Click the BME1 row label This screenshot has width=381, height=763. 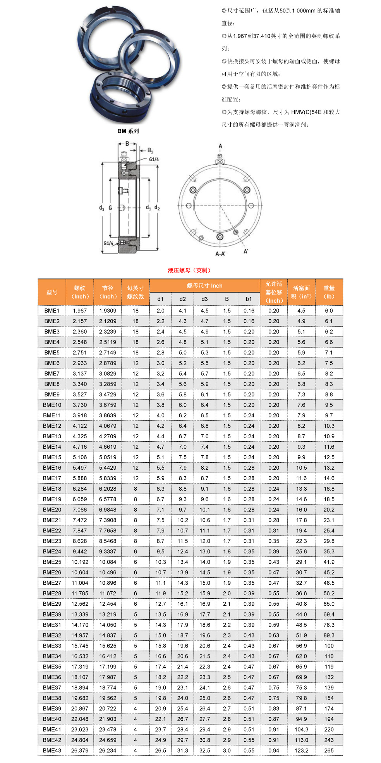[x=52, y=310]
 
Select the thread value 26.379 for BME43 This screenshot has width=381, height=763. [x=80, y=750]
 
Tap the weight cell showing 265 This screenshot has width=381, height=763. [x=329, y=750]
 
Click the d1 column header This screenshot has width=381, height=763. [x=160, y=299]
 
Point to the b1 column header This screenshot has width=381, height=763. [x=249, y=299]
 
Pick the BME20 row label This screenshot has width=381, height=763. [x=52, y=510]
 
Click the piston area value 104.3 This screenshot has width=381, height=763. [x=301, y=729]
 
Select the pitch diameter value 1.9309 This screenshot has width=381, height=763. [x=108, y=310]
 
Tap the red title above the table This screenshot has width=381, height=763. [x=189, y=270]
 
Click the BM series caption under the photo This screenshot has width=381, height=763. [x=128, y=131]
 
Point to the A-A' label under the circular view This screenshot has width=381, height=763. [x=220, y=254]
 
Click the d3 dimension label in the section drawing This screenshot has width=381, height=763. [x=101, y=208]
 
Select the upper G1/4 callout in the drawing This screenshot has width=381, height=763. [x=154, y=159]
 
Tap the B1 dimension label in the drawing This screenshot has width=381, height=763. [x=150, y=150]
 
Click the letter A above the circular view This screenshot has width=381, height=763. [x=220, y=146]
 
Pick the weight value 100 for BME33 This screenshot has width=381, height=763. [x=329, y=646]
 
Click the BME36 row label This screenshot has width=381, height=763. [x=52, y=677]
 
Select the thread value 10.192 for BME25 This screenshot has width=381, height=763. [x=80, y=562]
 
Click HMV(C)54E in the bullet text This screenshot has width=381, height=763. [x=306, y=112]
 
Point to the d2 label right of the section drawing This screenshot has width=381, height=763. [x=157, y=208]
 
